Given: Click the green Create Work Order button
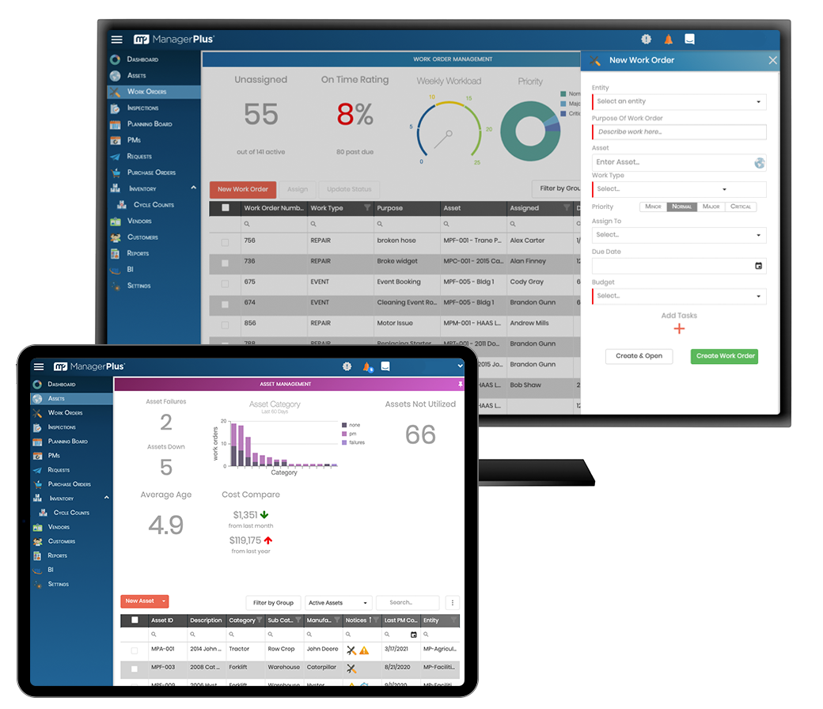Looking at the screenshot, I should (725, 356).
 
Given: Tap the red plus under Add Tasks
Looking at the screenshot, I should (679, 329).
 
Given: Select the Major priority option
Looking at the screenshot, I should (711, 207).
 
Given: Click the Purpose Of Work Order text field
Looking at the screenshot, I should (679, 132).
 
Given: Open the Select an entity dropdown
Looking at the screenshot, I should (679, 101).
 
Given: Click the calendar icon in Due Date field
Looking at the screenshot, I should (758, 266).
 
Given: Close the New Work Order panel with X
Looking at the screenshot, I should (772, 61).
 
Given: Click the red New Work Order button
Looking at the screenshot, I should (243, 189).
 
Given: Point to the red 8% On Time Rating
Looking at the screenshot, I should (355, 116).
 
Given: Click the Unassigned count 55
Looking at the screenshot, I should (261, 116).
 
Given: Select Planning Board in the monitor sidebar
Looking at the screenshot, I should (150, 124).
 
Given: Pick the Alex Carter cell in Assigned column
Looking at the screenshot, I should (528, 241).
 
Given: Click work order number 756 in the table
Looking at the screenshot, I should (250, 241).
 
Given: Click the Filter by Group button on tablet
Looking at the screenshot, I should (274, 603).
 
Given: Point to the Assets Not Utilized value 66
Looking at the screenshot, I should (420, 434).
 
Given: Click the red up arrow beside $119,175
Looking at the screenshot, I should (268, 540).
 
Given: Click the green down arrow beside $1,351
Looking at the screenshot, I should (264, 515).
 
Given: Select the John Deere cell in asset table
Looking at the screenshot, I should (322, 649).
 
